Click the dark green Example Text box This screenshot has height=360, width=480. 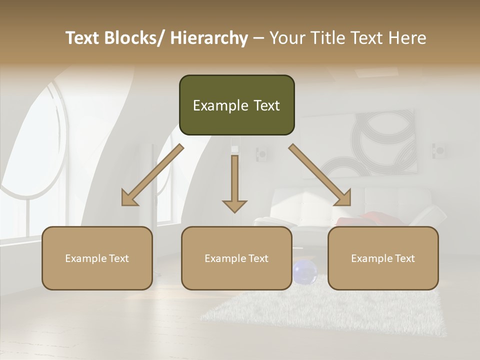pyautogui.click(x=236, y=105)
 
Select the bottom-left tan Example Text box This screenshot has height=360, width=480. pyautogui.click(x=97, y=258)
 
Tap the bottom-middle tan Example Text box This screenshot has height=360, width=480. pyautogui.click(x=236, y=258)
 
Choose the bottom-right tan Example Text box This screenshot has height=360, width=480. pyautogui.click(x=383, y=258)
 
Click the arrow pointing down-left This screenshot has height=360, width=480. pyautogui.click(x=152, y=175)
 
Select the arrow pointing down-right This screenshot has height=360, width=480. pyautogui.click(x=320, y=175)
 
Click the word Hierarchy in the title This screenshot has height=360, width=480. pyautogui.click(x=209, y=38)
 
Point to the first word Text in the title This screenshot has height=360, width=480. pyautogui.click(x=83, y=38)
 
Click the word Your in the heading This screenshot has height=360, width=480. pyautogui.click(x=286, y=38)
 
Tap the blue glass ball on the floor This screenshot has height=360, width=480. pyautogui.click(x=304, y=272)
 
